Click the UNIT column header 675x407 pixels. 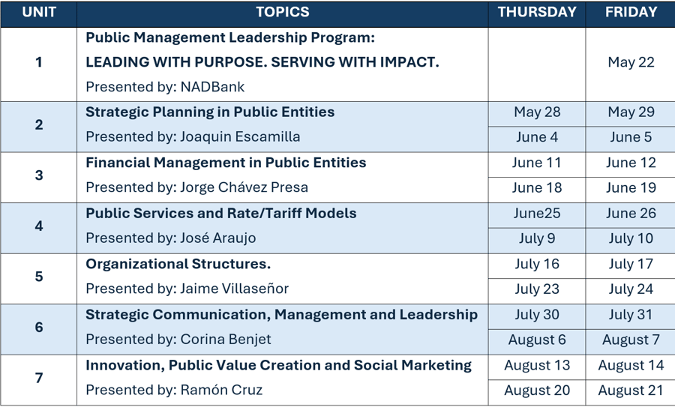point(39,12)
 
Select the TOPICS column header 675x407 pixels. point(283,12)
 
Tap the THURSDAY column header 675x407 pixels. point(537,12)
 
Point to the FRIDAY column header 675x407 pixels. point(631,12)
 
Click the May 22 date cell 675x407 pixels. point(631,62)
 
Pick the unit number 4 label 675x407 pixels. point(39,226)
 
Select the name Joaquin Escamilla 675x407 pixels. point(240,137)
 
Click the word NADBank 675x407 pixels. point(212,87)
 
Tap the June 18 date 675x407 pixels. point(537,187)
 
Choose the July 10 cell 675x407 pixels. point(631,238)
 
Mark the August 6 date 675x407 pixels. point(537,340)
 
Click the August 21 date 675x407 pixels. point(631,391)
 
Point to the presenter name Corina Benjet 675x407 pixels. point(226,340)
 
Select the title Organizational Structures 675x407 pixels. point(178,264)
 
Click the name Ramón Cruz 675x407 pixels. point(221,390)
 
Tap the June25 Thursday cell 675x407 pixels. point(537,214)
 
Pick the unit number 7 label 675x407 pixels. point(39,378)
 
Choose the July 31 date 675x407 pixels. point(631,315)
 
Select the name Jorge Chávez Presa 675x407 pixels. point(244,187)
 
